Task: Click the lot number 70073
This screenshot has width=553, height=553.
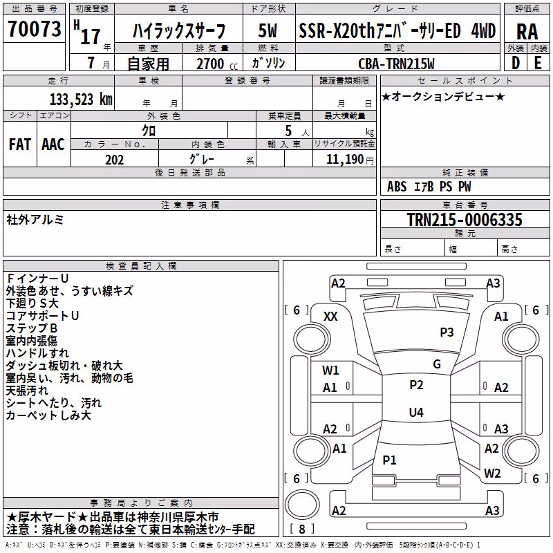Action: pos(34,29)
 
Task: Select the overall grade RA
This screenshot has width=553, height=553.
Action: pos(527,32)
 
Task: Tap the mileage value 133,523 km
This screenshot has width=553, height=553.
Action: pos(81,100)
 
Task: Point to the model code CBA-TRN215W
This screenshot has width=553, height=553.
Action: pos(396,64)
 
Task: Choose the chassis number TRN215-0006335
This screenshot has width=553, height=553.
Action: pos(465,220)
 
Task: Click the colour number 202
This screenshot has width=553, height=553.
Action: pos(114,160)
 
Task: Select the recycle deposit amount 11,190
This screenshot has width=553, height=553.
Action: pos(345,160)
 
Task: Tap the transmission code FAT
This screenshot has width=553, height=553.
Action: pos(20,144)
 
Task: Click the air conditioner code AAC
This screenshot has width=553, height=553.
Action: pos(53,144)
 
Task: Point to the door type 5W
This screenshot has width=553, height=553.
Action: pos(268,30)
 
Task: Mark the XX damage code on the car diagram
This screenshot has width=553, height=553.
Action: pos(330,317)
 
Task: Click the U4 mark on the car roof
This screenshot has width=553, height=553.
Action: pos(416,412)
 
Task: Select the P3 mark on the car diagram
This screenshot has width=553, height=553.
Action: pos(447,332)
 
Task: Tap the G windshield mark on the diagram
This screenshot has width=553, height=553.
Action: pos(437,364)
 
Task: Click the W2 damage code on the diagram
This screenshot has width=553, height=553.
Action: pos(492,473)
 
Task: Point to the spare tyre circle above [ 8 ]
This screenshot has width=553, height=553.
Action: pos(302,504)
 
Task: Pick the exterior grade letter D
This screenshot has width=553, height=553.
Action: pos(516,63)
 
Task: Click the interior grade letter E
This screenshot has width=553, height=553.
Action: pos(538,63)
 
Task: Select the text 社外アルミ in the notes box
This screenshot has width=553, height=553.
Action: pos(35,220)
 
